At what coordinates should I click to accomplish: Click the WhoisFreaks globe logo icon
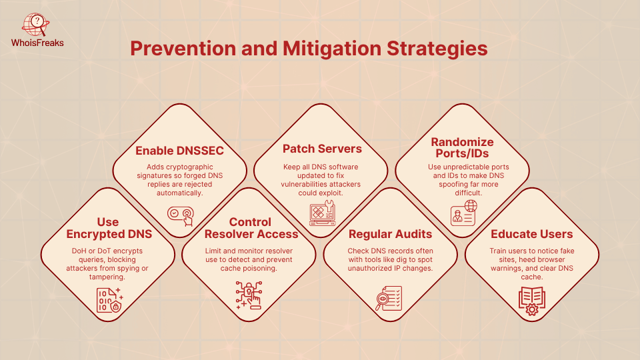(x=35, y=25)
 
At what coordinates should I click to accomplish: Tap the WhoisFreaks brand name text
(x=37, y=43)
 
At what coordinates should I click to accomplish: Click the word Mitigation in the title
(x=332, y=49)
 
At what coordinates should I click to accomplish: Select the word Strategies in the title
(x=437, y=49)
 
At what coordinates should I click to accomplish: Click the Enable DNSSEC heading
(x=179, y=151)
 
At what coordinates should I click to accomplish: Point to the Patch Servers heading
(x=322, y=149)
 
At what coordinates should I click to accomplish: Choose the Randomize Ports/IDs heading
(x=462, y=147)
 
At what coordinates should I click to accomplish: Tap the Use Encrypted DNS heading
(x=109, y=228)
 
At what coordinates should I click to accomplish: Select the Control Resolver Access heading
(x=251, y=228)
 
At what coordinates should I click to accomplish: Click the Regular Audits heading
(x=390, y=234)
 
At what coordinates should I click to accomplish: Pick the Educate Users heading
(x=531, y=234)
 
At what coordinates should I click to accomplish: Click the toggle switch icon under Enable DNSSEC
(x=181, y=215)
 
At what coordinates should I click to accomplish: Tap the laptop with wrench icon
(x=323, y=213)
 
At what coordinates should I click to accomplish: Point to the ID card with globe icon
(x=464, y=213)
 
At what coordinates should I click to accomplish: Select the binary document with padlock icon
(x=109, y=300)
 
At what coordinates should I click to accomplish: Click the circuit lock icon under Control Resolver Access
(x=249, y=295)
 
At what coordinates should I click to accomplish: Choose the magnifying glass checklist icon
(x=389, y=298)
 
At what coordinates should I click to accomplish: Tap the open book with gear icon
(x=532, y=301)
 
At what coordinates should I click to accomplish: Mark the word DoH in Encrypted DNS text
(x=79, y=251)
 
